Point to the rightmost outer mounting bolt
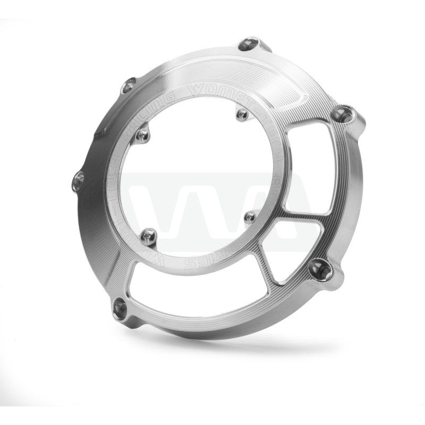[339, 112]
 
